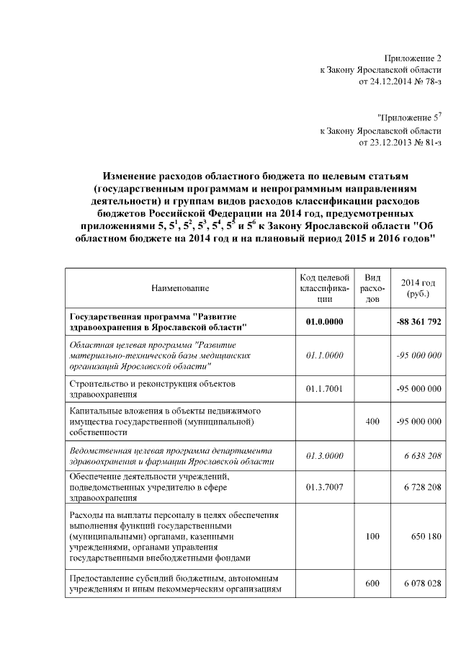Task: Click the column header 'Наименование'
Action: pyautogui.click(x=180, y=288)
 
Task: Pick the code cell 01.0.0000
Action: pyautogui.click(x=324, y=322)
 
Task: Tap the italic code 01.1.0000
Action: pyautogui.click(x=324, y=355)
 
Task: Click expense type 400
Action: pyautogui.click(x=372, y=421)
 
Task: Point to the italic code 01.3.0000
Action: pyautogui.click(x=324, y=455)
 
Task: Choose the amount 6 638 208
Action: pyautogui.click(x=421, y=455)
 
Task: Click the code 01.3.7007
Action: pyautogui.click(x=324, y=487)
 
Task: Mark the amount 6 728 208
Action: pyautogui.click(x=421, y=487)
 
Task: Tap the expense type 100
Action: pyautogui.click(x=372, y=537)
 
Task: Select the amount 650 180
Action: pyautogui.click(x=425, y=537)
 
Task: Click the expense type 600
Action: pyautogui.click(x=372, y=584)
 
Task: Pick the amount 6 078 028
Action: pyautogui.click(x=421, y=584)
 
